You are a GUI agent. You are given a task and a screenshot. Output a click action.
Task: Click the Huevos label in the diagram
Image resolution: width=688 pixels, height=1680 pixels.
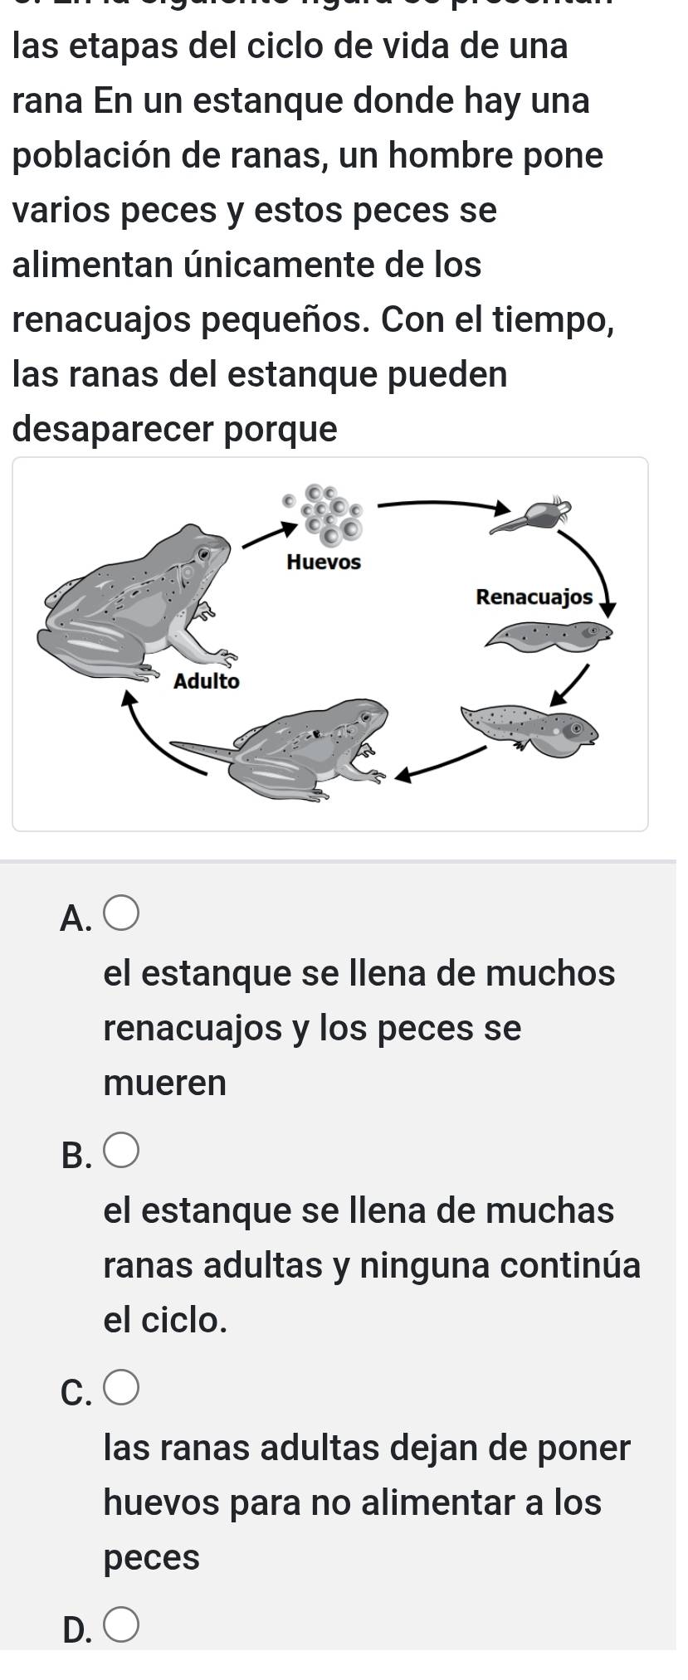coord(323,562)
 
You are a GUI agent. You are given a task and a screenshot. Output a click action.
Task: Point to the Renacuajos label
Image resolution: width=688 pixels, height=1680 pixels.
coord(534,597)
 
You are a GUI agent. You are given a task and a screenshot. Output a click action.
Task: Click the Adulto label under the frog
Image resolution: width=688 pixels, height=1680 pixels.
coord(206,682)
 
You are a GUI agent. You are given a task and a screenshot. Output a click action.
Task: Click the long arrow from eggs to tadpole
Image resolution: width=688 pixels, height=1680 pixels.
coord(440,502)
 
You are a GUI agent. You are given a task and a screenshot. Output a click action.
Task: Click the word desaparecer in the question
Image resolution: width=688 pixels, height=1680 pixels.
coord(116,429)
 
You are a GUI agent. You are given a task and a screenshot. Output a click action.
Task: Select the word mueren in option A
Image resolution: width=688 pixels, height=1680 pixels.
coord(165,1083)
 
